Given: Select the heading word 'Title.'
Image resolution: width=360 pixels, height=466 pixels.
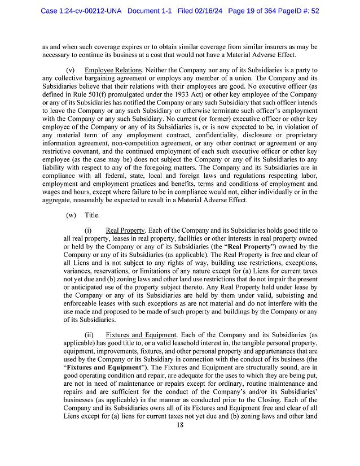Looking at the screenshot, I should coord(92,215).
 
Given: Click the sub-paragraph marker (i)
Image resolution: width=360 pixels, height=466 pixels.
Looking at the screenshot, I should coord(88,230).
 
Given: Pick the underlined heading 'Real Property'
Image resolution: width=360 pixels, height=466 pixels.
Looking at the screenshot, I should coord(125,230).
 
